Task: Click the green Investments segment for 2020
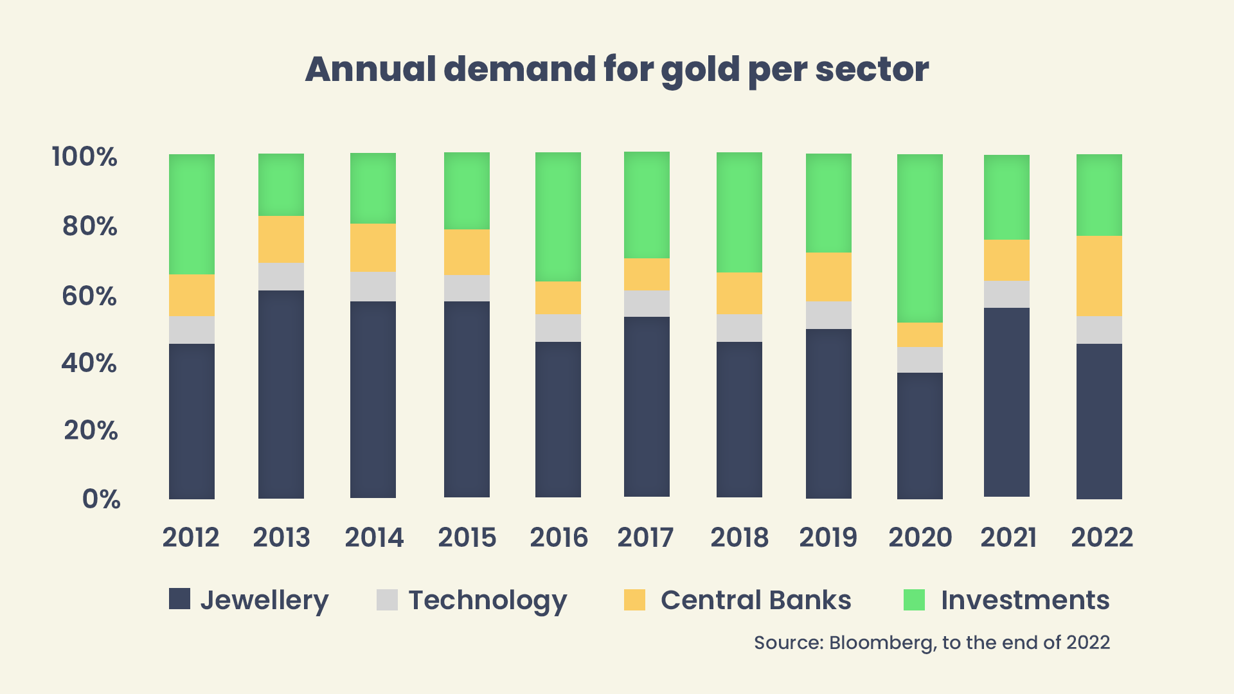click(920, 238)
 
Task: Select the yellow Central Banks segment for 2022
click(1099, 276)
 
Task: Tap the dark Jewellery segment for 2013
click(281, 394)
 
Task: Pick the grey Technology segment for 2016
click(558, 328)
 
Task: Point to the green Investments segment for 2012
click(192, 214)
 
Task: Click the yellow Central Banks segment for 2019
click(828, 277)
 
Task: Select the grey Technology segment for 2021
click(1006, 294)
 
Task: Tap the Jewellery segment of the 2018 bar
click(739, 419)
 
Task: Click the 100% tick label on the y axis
click(84, 157)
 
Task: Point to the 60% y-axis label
click(89, 296)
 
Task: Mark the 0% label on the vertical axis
click(101, 499)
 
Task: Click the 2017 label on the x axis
click(645, 537)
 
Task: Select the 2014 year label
click(374, 537)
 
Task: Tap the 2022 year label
click(1102, 537)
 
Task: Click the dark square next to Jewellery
click(179, 599)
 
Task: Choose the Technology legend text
click(488, 600)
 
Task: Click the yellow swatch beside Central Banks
click(634, 599)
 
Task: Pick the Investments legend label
click(1025, 600)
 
